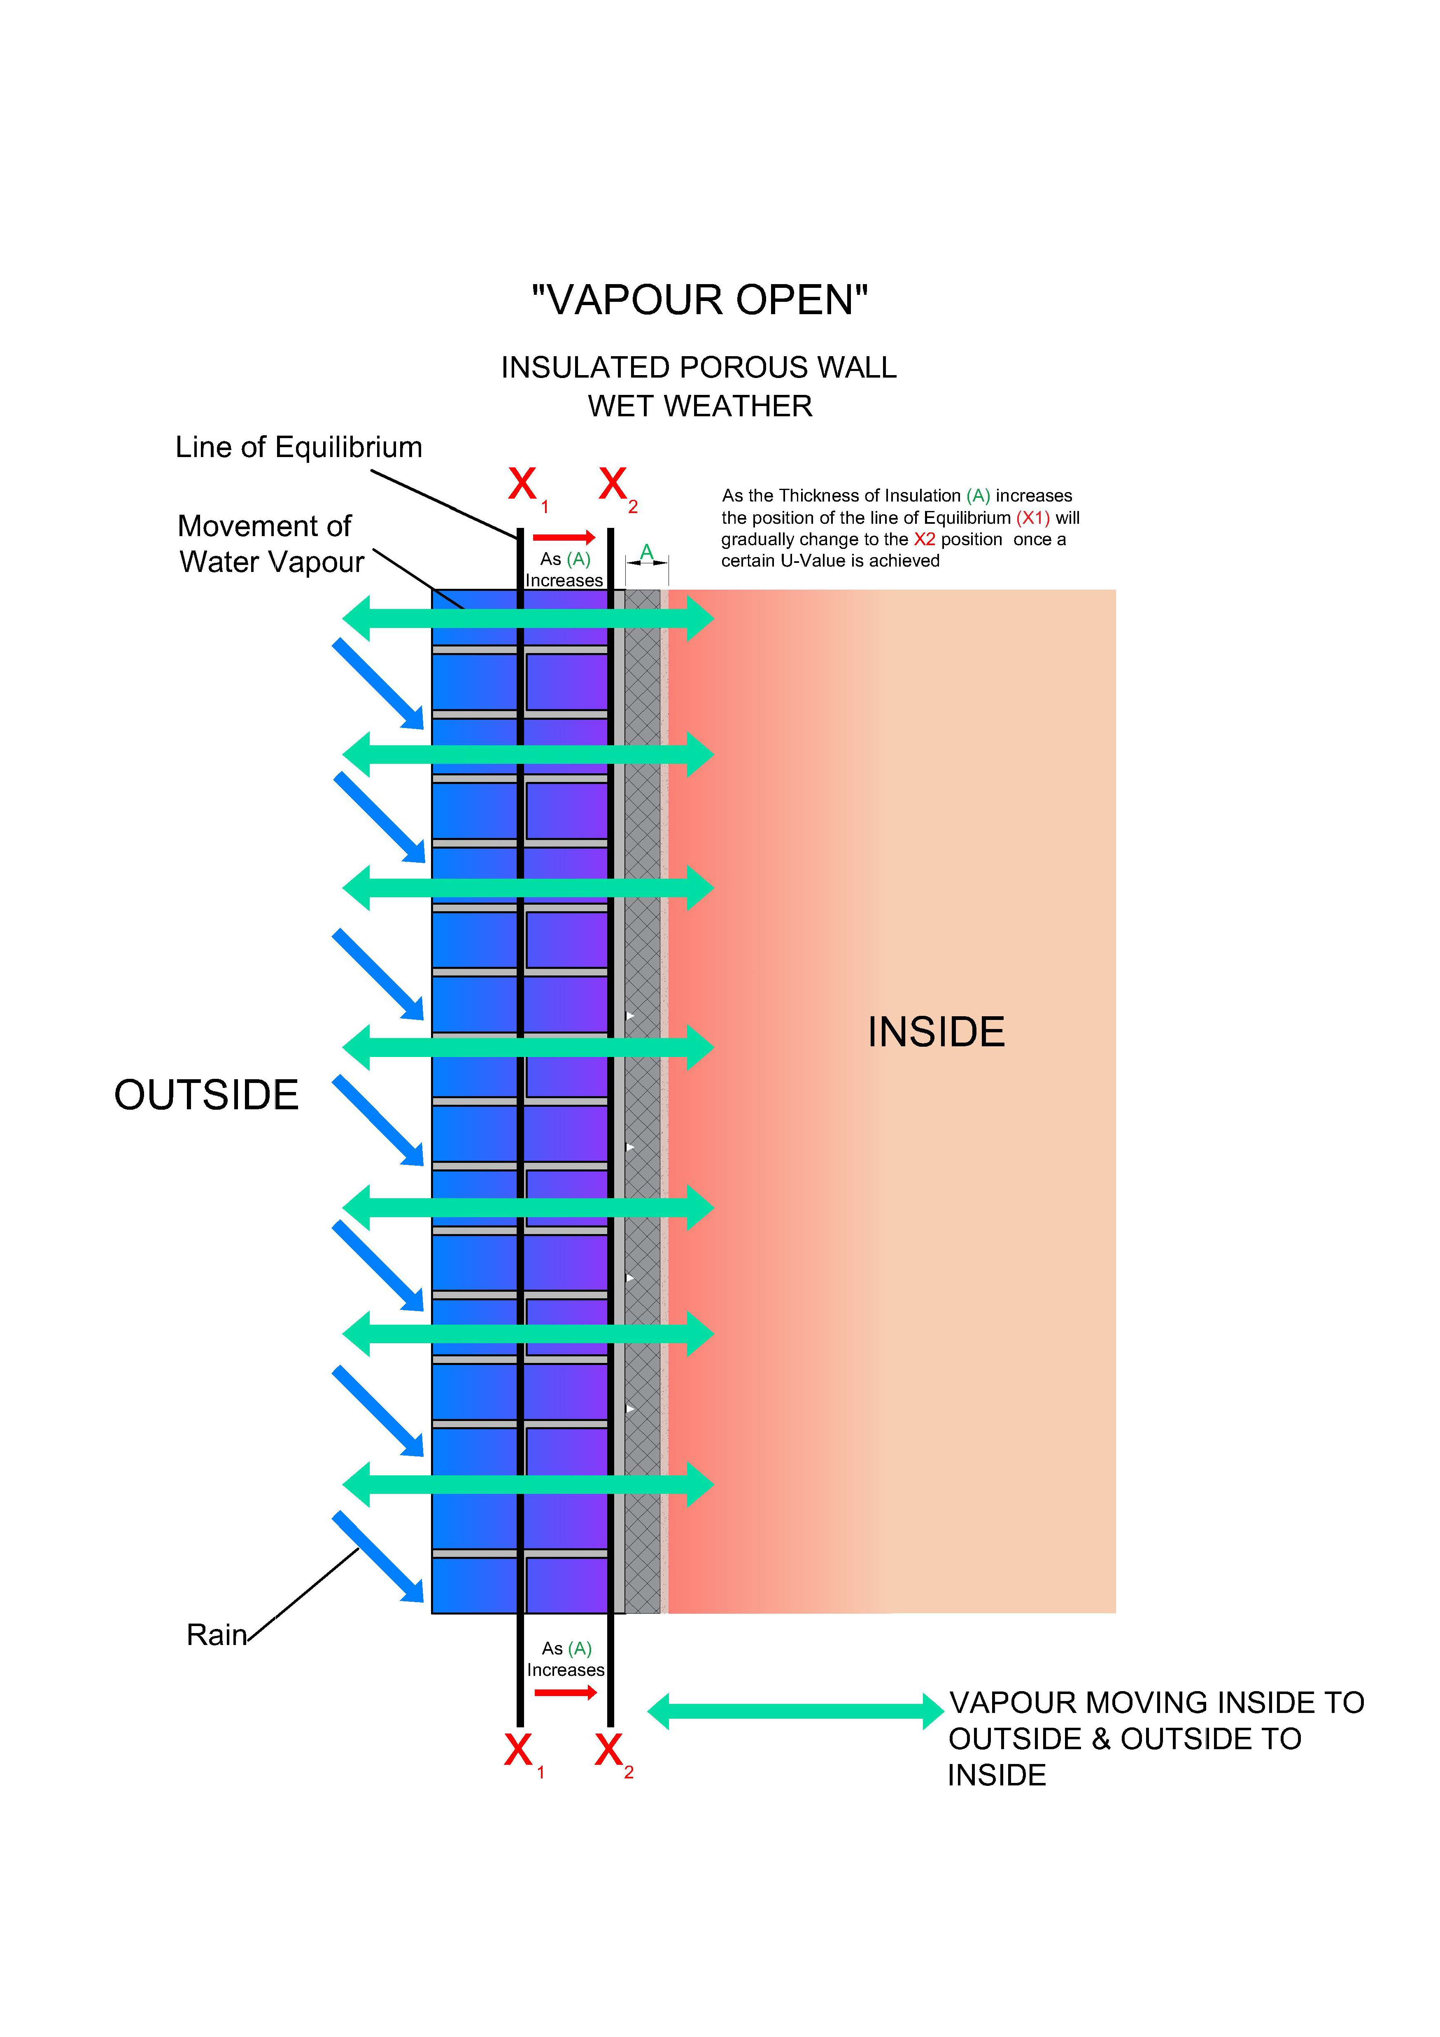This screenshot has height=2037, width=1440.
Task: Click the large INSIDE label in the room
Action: tap(936, 1032)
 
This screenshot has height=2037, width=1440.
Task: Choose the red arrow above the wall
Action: tap(564, 537)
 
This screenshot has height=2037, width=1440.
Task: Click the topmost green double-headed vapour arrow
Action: tap(528, 618)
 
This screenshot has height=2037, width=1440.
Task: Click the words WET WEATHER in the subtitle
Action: tap(700, 406)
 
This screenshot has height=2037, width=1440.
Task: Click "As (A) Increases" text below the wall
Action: tap(566, 1659)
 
